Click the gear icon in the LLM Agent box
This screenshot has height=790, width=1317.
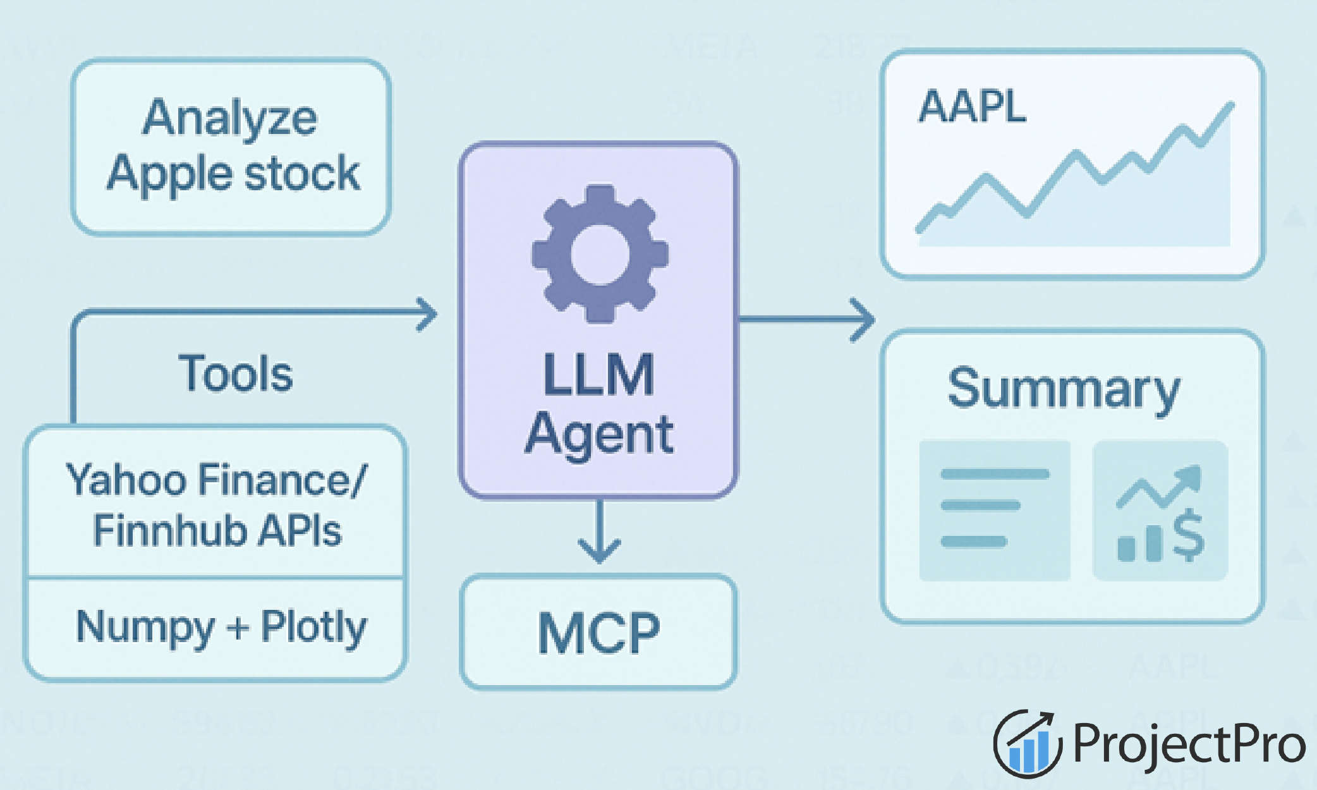(x=599, y=254)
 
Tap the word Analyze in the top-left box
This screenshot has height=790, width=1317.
(x=230, y=118)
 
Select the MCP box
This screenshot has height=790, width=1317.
(x=598, y=633)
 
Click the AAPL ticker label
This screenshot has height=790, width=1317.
(x=972, y=107)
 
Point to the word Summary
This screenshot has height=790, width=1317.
(x=1064, y=389)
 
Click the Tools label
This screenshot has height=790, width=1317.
(x=236, y=374)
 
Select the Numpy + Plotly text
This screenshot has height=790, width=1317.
(x=221, y=627)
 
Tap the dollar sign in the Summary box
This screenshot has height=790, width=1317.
(x=1189, y=535)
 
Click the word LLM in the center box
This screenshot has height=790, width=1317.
(x=598, y=375)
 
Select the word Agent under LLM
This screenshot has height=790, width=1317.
(x=599, y=435)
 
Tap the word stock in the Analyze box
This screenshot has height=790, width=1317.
(x=302, y=174)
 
